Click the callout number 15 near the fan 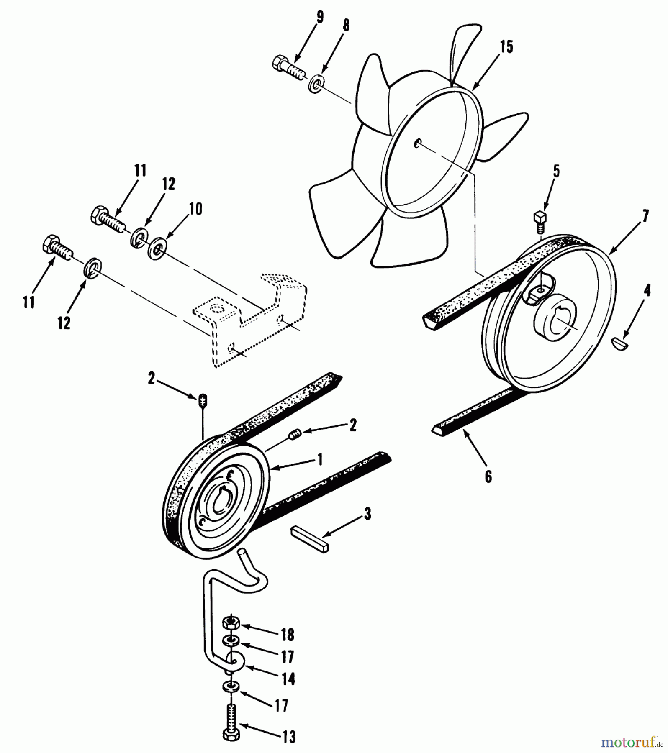tap(506, 47)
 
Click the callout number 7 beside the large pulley tap(645, 216)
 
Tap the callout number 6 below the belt tap(488, 476)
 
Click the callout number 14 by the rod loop tap(288, 679)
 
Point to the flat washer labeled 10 tap(158, 248)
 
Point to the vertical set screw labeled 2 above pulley tap(202, 401)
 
